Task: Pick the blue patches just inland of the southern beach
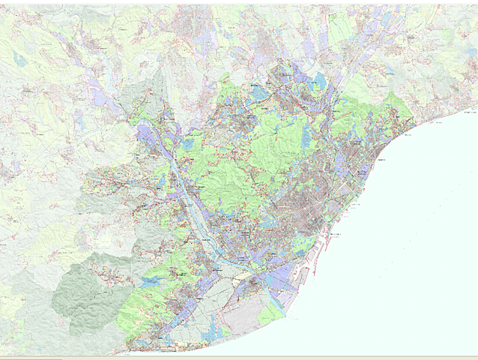(x=217, y=330)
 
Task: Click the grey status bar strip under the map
(x=239, y=357)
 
